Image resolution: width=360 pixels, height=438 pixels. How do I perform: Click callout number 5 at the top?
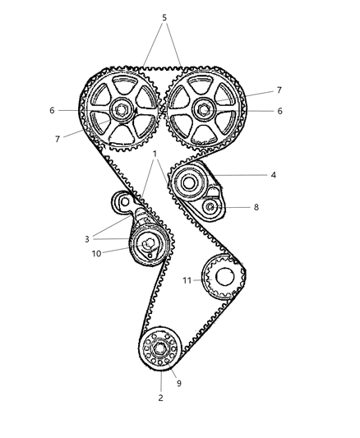164,17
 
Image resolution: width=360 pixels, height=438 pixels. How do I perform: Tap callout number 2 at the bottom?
160,398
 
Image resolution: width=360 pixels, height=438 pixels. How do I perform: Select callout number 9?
179,383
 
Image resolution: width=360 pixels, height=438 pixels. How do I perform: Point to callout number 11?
187,280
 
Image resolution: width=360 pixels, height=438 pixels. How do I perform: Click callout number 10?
96,254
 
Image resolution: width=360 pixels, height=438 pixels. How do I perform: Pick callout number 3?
87,239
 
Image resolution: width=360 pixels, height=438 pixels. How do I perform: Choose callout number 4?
274,175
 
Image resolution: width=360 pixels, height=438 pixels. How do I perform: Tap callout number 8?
256,207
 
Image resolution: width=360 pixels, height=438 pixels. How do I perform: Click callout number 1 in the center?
155,154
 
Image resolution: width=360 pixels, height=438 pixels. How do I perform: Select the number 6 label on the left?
52,110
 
